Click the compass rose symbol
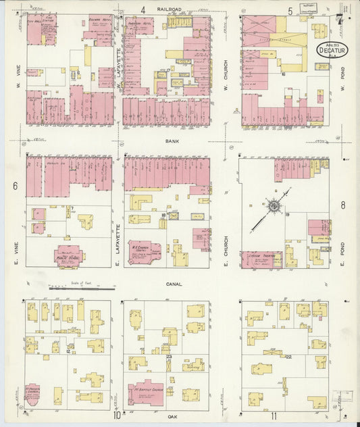pos(274,205)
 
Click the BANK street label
pos(171,142)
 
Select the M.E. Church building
pos(144,252)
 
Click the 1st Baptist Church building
pos(145,392)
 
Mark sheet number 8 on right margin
pos(343,206)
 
